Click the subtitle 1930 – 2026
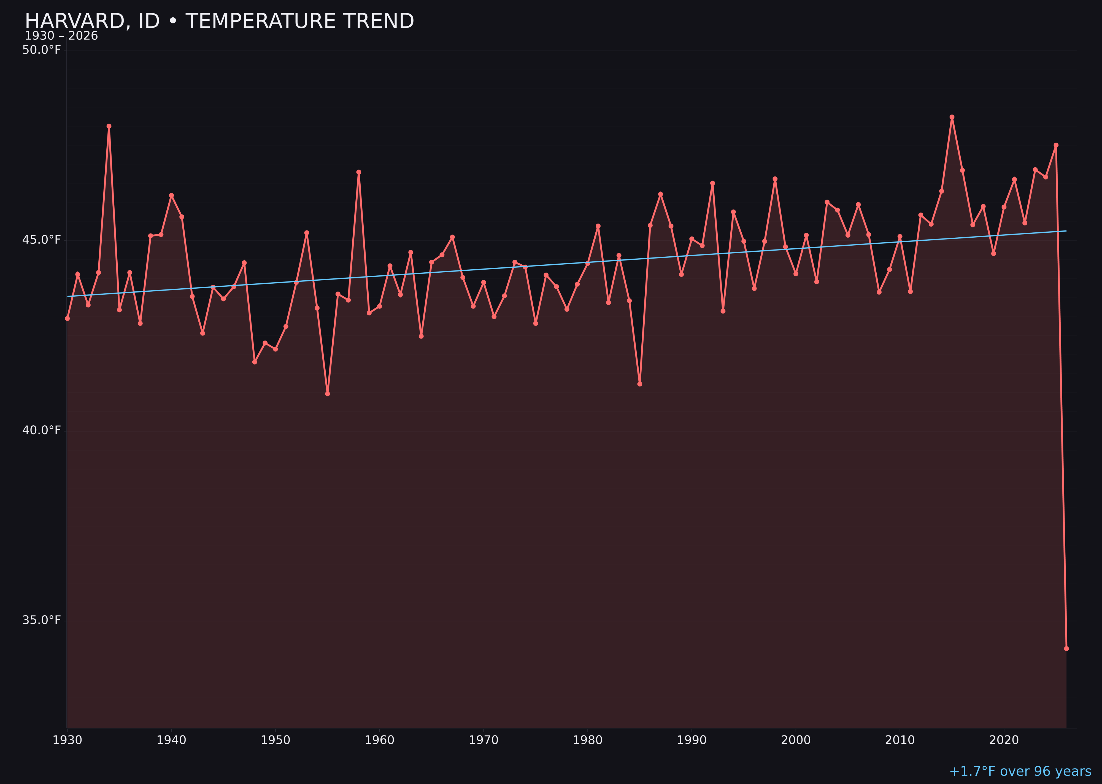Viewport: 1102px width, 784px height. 61,36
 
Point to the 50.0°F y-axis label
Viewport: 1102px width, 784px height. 42,50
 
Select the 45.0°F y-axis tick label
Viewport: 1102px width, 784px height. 42,240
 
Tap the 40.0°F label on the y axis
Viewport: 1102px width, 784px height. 42,430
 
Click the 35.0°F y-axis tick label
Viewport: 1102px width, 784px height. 42,620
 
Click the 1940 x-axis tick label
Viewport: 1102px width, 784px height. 171,740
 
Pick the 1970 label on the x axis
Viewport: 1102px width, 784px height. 484,740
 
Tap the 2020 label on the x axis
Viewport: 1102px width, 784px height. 1004,740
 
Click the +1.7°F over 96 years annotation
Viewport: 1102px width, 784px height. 1020,771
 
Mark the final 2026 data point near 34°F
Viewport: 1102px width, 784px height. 1066,648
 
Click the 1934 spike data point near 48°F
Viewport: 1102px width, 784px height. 109,127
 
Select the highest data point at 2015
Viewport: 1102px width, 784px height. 952,117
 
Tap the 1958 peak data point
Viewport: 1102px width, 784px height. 358,172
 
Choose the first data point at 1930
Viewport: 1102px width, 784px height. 67,318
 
